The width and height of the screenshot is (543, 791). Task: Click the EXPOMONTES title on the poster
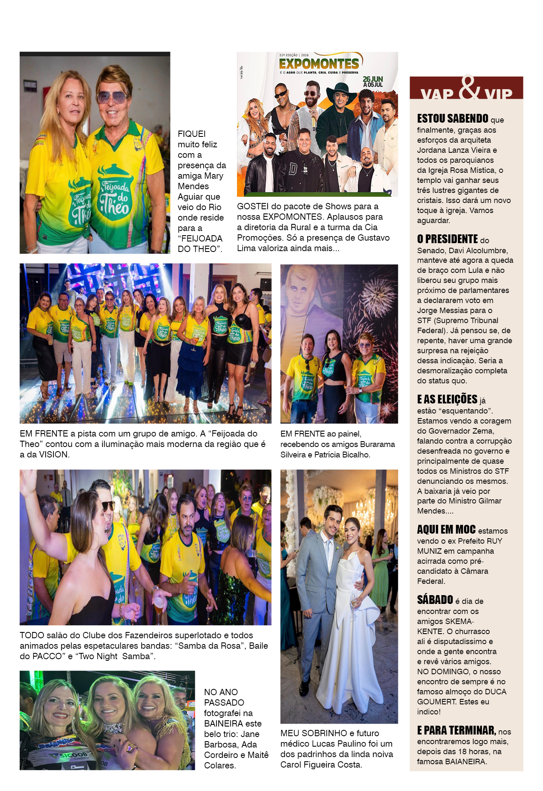coord(319,64)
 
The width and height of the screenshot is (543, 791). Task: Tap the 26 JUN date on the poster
coord(372,79)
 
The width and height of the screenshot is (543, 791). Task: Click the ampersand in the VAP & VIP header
coord(470,88)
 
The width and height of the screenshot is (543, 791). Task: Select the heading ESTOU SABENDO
coord(453,119)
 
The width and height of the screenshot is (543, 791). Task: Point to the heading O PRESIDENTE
coord(447,239)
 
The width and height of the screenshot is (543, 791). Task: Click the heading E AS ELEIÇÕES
coord(447,399)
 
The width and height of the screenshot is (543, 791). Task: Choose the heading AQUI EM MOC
coord(446,530)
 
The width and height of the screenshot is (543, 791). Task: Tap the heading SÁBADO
coord(435,600)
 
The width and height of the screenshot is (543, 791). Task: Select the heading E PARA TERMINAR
coord(456,731)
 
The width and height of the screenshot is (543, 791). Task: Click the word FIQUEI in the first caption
coord(191,134)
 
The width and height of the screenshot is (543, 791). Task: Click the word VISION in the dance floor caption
coord(53,455)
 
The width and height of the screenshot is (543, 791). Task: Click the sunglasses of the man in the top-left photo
coord(112,98)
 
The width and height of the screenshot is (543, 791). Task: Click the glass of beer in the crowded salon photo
coord(159,604)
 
